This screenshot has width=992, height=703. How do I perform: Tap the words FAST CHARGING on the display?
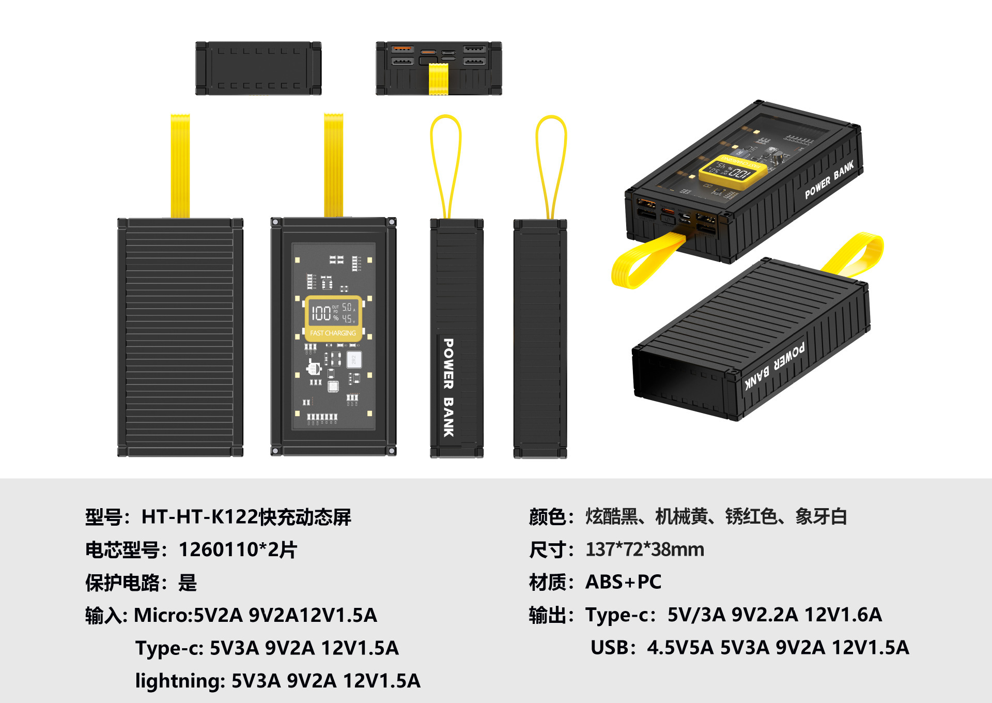tap(333, 333)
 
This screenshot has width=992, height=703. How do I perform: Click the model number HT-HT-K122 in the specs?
tap(199, 517)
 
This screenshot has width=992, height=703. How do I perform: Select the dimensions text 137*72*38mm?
tap(645, 549)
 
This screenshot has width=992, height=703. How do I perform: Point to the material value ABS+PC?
tap(623, 582)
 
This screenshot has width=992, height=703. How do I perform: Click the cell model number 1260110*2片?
tap(238, 549)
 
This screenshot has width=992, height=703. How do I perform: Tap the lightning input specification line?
tap(278, 681)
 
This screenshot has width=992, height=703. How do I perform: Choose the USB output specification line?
tap(749, 647)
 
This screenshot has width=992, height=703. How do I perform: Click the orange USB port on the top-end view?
tap(401, 50)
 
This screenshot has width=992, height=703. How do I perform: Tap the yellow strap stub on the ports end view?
tap(439, 79)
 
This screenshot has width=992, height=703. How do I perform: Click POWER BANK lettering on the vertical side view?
tap(448, 388)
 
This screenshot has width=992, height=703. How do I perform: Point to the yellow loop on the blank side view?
tap(551, 165)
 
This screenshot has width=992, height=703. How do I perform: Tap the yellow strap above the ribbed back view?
tap(180, 165)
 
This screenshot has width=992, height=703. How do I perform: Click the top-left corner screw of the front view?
tap(276, 222)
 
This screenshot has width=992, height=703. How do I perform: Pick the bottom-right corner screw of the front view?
tap(392, 452)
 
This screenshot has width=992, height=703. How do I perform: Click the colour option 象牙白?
tap(821, 517)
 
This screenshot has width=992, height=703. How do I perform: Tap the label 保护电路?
tap(122, 583)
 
